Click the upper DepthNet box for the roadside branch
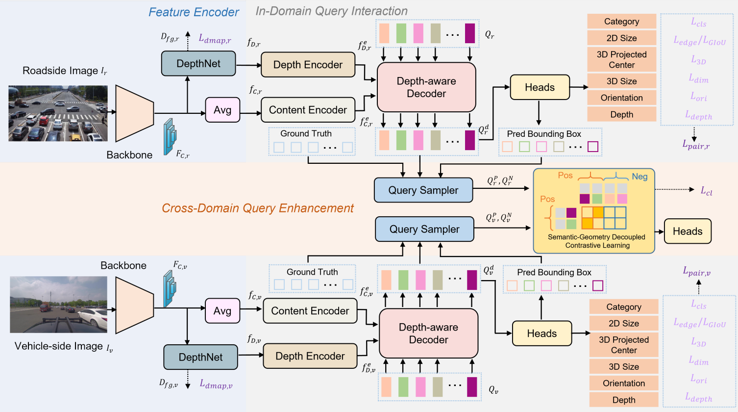point(198,64)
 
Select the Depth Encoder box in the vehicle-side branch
point(310,356)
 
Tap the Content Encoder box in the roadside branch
point(308,110)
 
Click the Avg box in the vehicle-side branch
point(222,311)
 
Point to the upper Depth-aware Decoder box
point(426,87)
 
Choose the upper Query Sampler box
point(423,190)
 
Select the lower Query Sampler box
point(424,229)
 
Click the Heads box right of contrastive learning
point(688,232)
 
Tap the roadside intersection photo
point(58,113)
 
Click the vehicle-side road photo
point(59,305)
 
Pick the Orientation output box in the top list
point(622,98)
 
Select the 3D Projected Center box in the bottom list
point(624,345)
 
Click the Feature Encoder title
point(194,12)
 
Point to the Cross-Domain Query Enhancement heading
point(258,208)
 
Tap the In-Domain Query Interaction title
point(331,11)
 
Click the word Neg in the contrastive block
point(640,177)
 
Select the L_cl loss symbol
point(706,191)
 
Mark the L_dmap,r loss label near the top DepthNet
point(215,39)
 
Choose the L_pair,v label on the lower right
point(696,271)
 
